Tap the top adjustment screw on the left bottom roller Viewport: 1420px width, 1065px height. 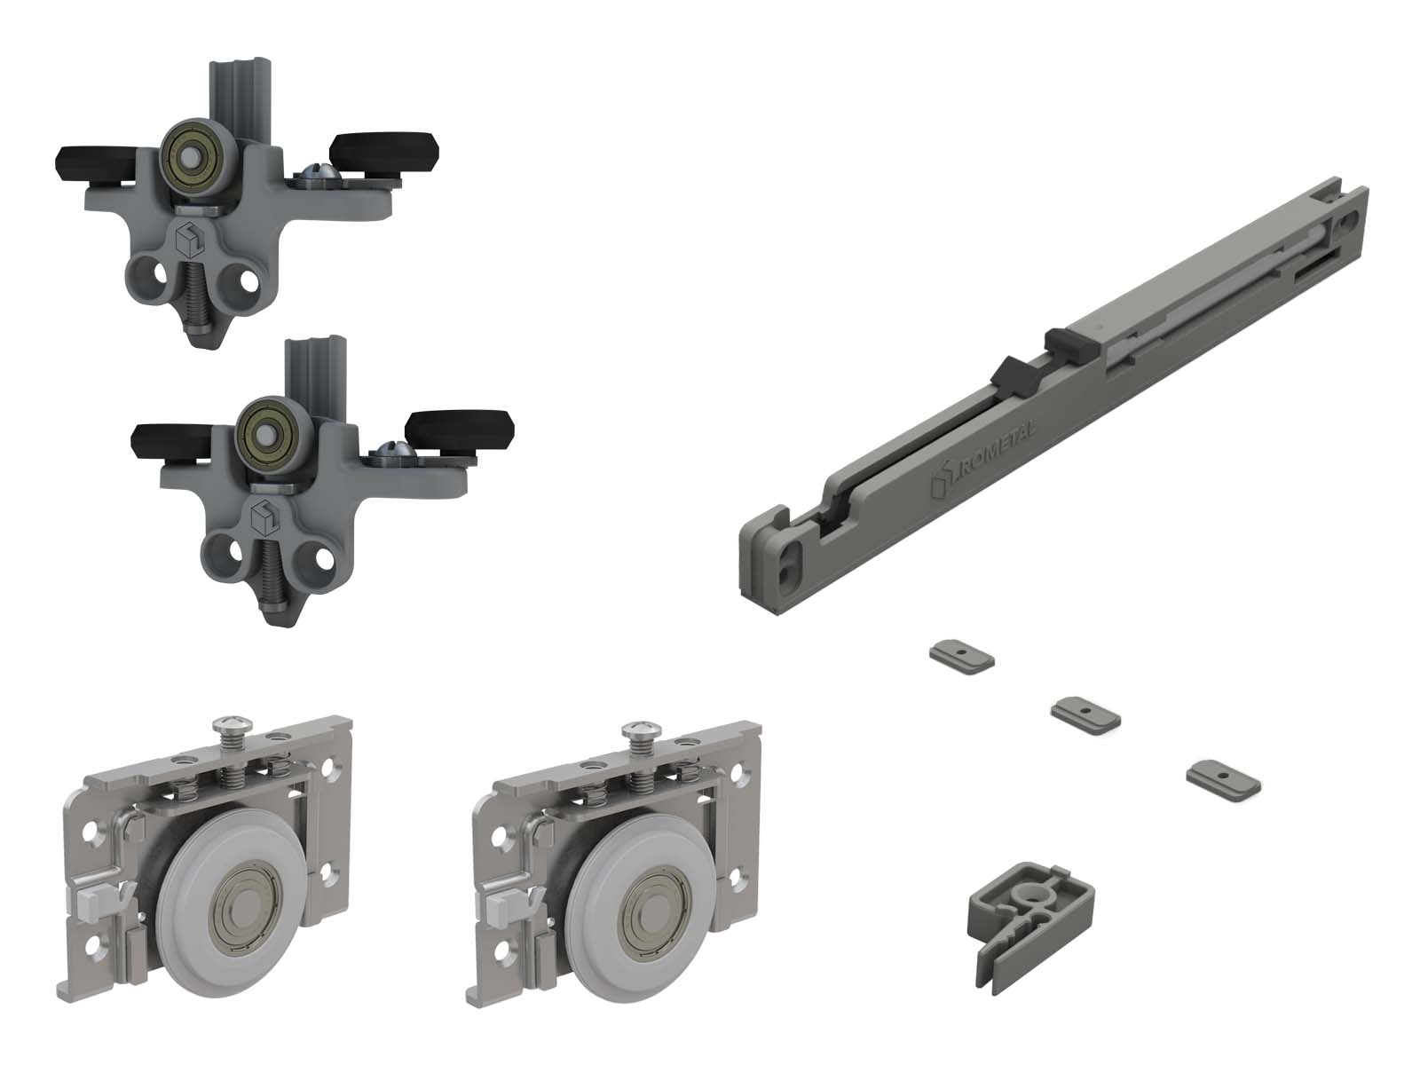(x=232, y=738)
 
